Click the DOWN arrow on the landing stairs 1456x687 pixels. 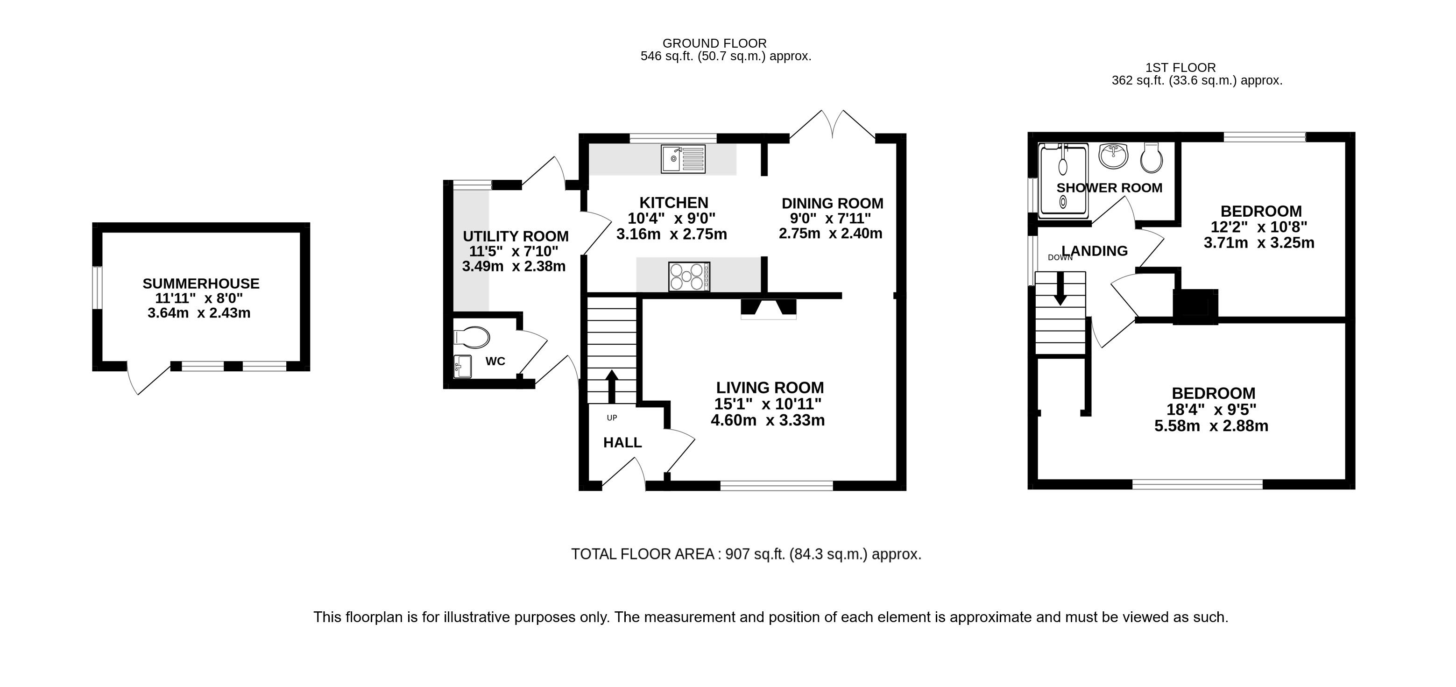[1060, 288]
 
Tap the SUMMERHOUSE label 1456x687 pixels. [201, 283]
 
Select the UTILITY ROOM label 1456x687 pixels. [516, 236]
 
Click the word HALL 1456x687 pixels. [622, 443]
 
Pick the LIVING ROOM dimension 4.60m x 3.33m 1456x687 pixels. [768, 421]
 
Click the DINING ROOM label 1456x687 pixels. [832, 203]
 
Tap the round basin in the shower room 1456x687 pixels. [1113, 156]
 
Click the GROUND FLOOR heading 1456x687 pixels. [714, 43]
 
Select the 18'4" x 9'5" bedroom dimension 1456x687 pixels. [1211, 410]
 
